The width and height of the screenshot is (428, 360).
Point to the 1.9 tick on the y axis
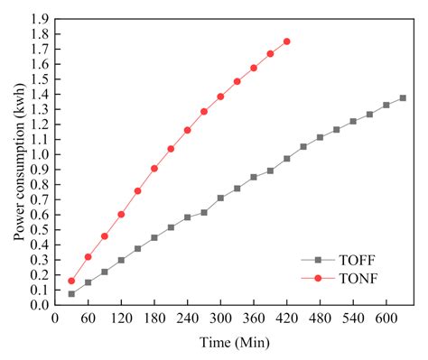click(39, 18)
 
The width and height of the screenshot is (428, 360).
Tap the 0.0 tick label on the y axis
click(39, 305)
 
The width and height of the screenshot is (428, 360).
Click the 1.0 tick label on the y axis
click(39, 154)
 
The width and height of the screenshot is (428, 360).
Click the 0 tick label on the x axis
click(55, 318)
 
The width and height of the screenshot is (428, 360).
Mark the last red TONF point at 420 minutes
click(287, 42)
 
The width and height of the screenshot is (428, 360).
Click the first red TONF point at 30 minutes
click(71, 281)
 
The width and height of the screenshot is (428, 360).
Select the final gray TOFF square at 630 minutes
click(403, 97)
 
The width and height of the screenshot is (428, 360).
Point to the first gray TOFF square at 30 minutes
click(71, 294)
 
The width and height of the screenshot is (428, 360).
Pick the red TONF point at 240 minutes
click(188, 130)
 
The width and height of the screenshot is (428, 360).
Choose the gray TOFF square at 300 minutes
click(220, 198)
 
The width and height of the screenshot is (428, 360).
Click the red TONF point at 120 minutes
click(121, 214)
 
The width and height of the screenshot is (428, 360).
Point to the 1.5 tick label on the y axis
click(39, 78)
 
